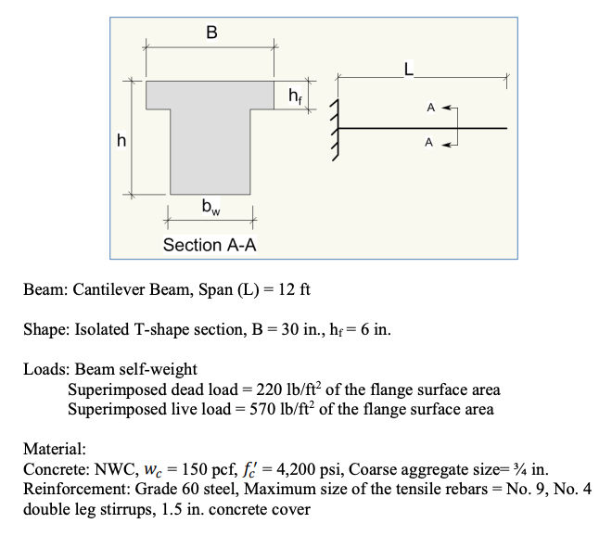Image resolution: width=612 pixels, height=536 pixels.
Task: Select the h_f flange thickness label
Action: [294, 95]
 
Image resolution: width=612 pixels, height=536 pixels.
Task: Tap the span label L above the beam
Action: [409, 67]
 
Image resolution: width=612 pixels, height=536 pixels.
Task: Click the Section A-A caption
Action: [210, 245]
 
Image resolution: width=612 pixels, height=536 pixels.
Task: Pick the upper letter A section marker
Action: [429, 108]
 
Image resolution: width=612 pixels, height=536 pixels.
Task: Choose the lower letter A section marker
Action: [429, 143]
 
